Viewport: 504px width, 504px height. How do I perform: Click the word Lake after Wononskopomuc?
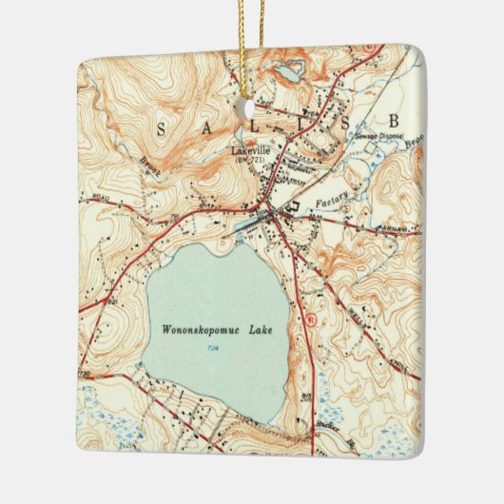pos(257,331)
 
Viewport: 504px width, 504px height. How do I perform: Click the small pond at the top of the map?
pos(287,70)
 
